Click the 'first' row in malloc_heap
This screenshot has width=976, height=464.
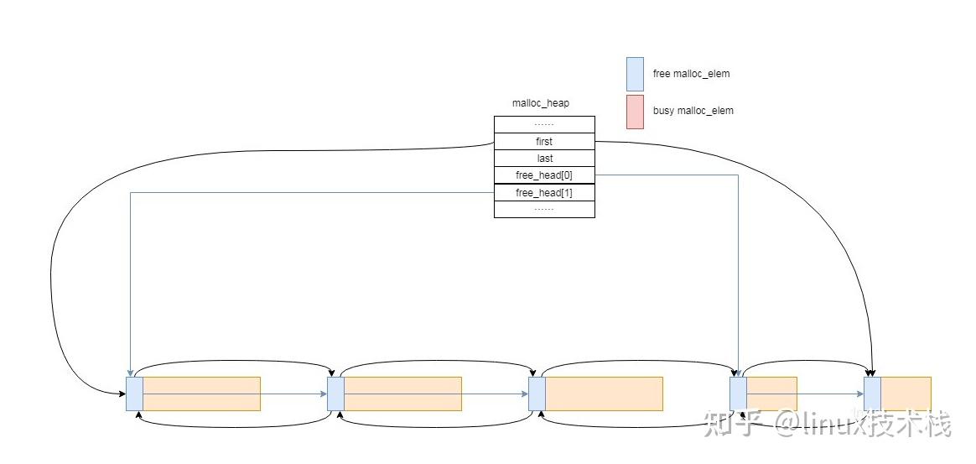[x=545, y=141]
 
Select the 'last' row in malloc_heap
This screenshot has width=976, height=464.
[x=545, y=159]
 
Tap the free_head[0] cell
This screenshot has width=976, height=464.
[x=545, y=175]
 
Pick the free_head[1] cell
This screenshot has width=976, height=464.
[x=545, y=193]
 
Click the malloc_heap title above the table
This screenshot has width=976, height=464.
[x=540, y=103]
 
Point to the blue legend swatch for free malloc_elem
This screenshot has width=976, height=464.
[x=635, y=74]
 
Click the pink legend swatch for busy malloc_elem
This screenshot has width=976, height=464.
[x=635, y=112]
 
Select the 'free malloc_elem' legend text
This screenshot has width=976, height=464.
[x=691, y=74]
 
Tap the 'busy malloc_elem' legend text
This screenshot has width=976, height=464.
[x=693, y=111]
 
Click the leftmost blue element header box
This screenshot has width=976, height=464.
[x=134, y=394]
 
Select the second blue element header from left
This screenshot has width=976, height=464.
[x=335, y=394]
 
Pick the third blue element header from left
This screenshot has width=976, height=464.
[x=537, y=394]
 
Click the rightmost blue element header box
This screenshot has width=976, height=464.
[x=873, y=394]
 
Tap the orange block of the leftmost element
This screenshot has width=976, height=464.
[x=202, y=394]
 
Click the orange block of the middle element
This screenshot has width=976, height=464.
[x=604, y=394]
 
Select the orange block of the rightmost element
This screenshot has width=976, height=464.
[x=906, y=394]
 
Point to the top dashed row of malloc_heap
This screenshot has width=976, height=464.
[x=545, y=124]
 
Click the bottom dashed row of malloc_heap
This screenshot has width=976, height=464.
[x=545, y=209]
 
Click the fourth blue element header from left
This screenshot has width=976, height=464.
[x=738, y=394]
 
